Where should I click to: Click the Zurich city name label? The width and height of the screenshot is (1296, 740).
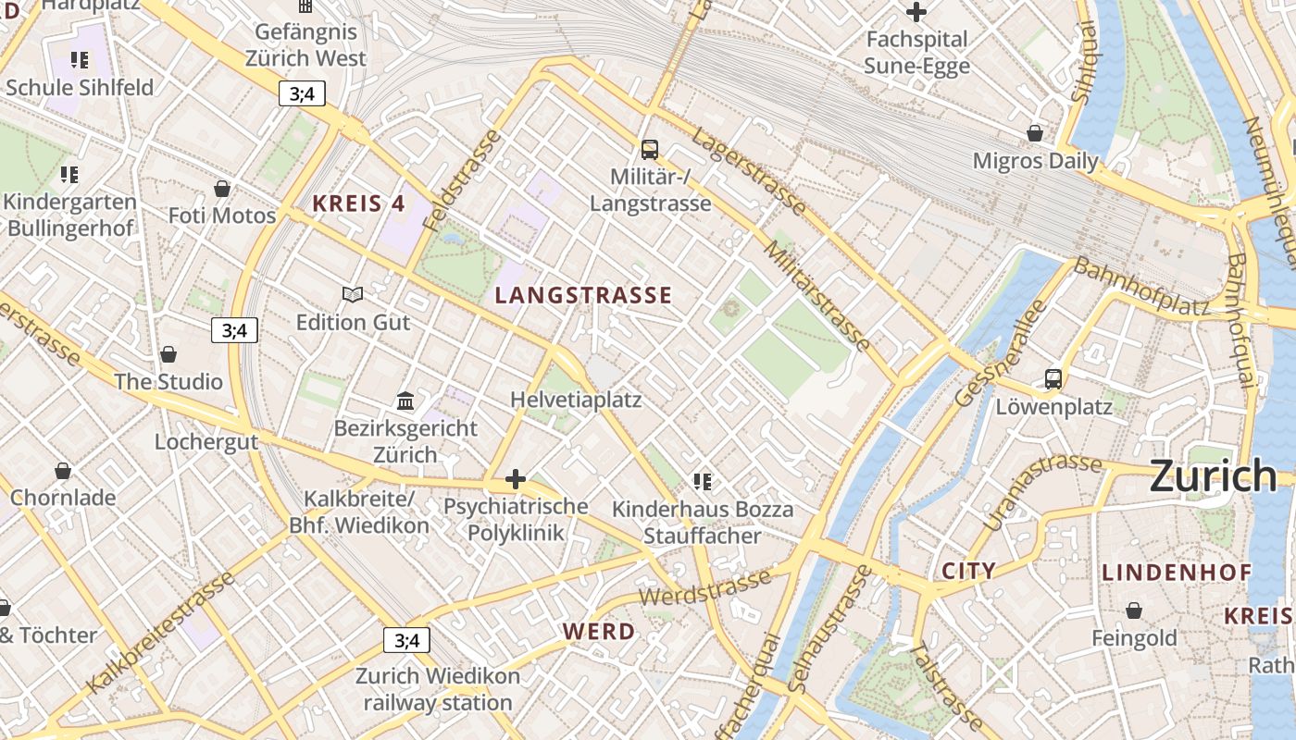[1213, 476]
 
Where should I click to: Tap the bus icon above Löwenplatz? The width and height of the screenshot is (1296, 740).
[1053, 378]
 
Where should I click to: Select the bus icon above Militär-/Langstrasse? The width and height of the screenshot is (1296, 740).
[650, 149]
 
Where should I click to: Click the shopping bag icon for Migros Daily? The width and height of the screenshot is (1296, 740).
[1035, 133]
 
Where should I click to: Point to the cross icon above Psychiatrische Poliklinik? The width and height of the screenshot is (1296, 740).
[516, 479]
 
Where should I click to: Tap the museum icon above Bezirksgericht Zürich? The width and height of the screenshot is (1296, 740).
[405, 401]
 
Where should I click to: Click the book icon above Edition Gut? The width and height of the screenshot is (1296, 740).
[352, 295]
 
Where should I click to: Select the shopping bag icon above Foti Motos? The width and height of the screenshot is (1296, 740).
[222, 189]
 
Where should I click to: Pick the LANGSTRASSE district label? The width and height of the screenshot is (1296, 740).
[583, 296]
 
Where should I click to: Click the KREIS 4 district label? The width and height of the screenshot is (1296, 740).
[358, 203]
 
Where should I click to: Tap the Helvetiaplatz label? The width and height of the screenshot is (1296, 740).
[576, 400]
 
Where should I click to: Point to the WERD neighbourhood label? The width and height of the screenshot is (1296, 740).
[599, 632]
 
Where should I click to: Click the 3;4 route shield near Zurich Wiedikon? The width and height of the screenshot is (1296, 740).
[407, 640]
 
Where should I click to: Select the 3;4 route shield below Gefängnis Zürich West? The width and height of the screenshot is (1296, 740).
[302, 92]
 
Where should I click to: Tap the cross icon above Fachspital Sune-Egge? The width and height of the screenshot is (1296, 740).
[916, 12]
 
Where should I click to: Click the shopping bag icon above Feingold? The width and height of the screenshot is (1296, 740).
[1134, 610]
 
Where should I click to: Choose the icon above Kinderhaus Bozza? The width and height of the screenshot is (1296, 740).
[702, 481]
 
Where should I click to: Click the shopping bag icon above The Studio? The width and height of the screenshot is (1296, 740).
[168, 354]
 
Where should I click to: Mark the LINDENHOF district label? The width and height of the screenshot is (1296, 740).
[1176, 573]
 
